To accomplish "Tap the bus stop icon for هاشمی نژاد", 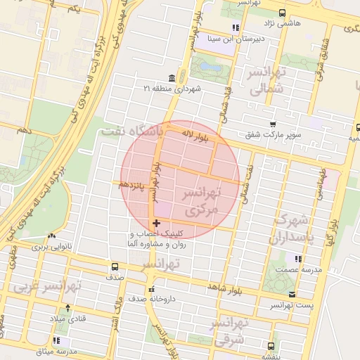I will (x=282, y=13).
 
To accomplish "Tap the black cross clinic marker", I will (x=155, y=223).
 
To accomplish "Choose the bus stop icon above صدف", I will (x=115, y=266).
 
